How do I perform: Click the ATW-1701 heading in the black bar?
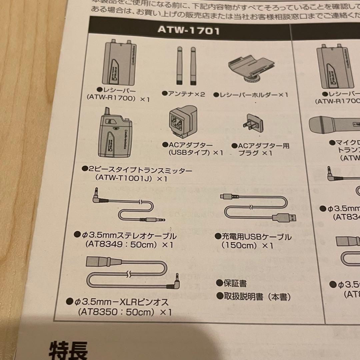(188, 30)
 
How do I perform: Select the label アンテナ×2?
(183, 94)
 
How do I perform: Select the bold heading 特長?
(68, 350)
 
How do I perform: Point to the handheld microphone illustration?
(333, 126)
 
